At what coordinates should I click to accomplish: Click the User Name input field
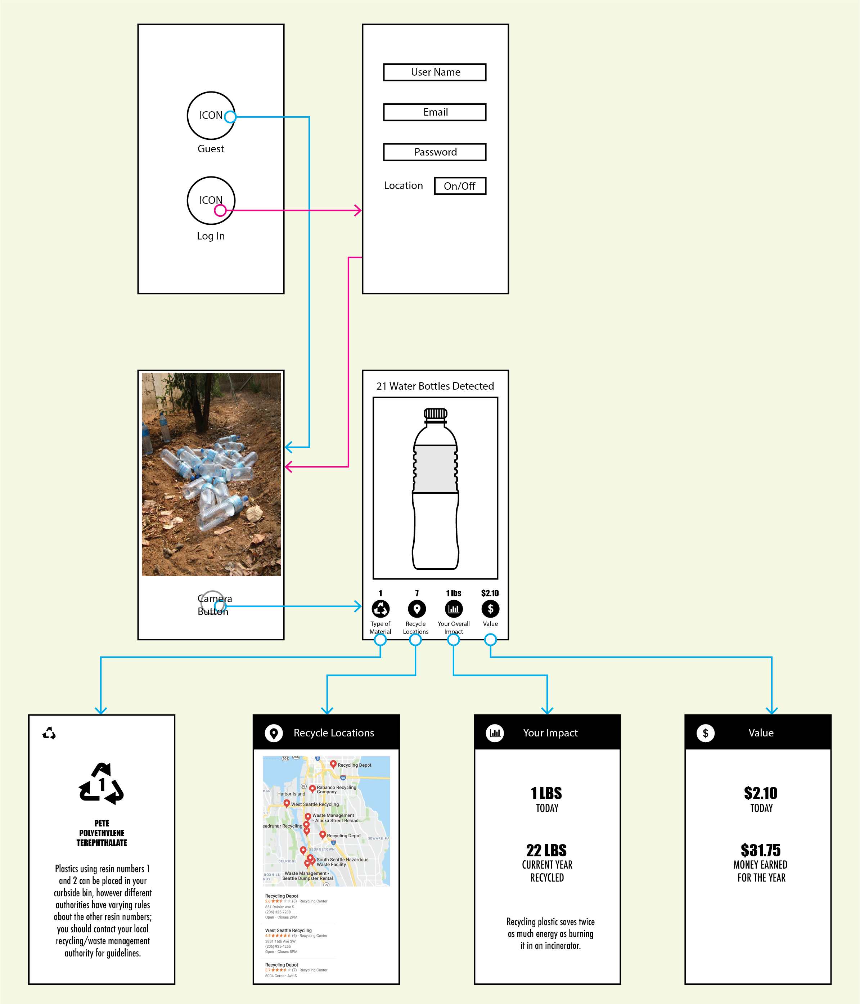[434, 72]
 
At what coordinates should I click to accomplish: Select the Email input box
[434, 112]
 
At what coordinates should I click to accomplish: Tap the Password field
[434, 152]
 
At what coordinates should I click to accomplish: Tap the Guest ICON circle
[211, 115]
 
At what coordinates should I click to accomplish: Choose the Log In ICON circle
[211, 200]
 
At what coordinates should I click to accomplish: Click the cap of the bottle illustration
[435, 414]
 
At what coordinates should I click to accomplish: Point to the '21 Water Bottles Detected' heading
[435, 386]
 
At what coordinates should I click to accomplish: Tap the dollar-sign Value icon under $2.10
[490, 609]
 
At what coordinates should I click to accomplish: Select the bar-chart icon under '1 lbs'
[454, 609]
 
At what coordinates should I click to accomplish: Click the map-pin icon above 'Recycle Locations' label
[417, 609]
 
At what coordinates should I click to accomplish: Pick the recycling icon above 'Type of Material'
[381, 609]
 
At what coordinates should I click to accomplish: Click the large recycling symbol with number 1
[101, 784]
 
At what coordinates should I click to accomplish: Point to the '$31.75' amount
[760, 850]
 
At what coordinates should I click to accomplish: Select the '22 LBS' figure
[546, 850]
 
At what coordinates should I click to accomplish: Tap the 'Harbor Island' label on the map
[291, 794]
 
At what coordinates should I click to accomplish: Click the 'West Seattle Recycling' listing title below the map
[288, 930]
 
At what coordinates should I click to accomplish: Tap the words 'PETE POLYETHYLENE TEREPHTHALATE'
[102, 833]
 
